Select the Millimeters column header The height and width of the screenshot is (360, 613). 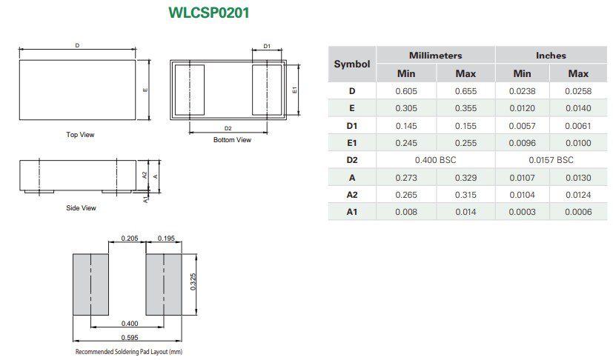pyautogui.click(x=435, y=56)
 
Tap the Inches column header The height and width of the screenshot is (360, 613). pyautogui.click(x=550, y=56)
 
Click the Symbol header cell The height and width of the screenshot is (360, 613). pyautogui.click(x=352, y=64)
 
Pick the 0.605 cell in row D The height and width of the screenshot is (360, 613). pyautogui.click(x=405, y=91)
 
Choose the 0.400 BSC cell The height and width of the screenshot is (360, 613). pyautogui.click(x=435, y=160)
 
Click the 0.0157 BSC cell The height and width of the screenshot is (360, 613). pyautogui.click(x=550, y=160)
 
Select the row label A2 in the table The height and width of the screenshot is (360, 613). pyautogui.click(x=352, y=195)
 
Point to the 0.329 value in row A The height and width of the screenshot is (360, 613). pyautogui.click(x=465, y=178)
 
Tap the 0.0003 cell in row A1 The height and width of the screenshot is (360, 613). pyautogui.click(x=522, y=213)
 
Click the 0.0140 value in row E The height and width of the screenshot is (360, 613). pyautogui.click(x=578, y=108)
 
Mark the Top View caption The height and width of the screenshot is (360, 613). pyautogui.click(x=80, y=135)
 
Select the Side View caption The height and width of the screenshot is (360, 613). pyautogui.click(x=81, y=208)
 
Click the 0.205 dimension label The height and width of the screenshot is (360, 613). pyautogui.click(x=129, y=239)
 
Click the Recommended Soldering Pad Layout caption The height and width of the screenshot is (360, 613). pyautogui.click(x=128, y=352)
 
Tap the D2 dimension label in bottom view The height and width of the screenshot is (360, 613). pyautogui.click(x=228, y=129)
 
